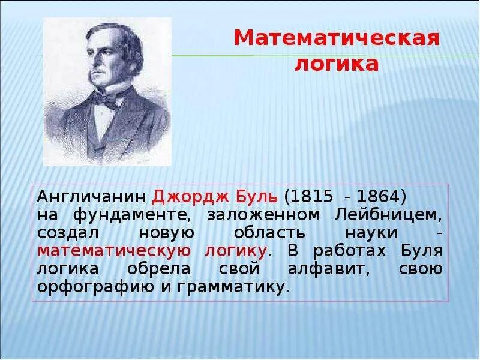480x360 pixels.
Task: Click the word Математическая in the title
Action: click(x=337, y=39)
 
